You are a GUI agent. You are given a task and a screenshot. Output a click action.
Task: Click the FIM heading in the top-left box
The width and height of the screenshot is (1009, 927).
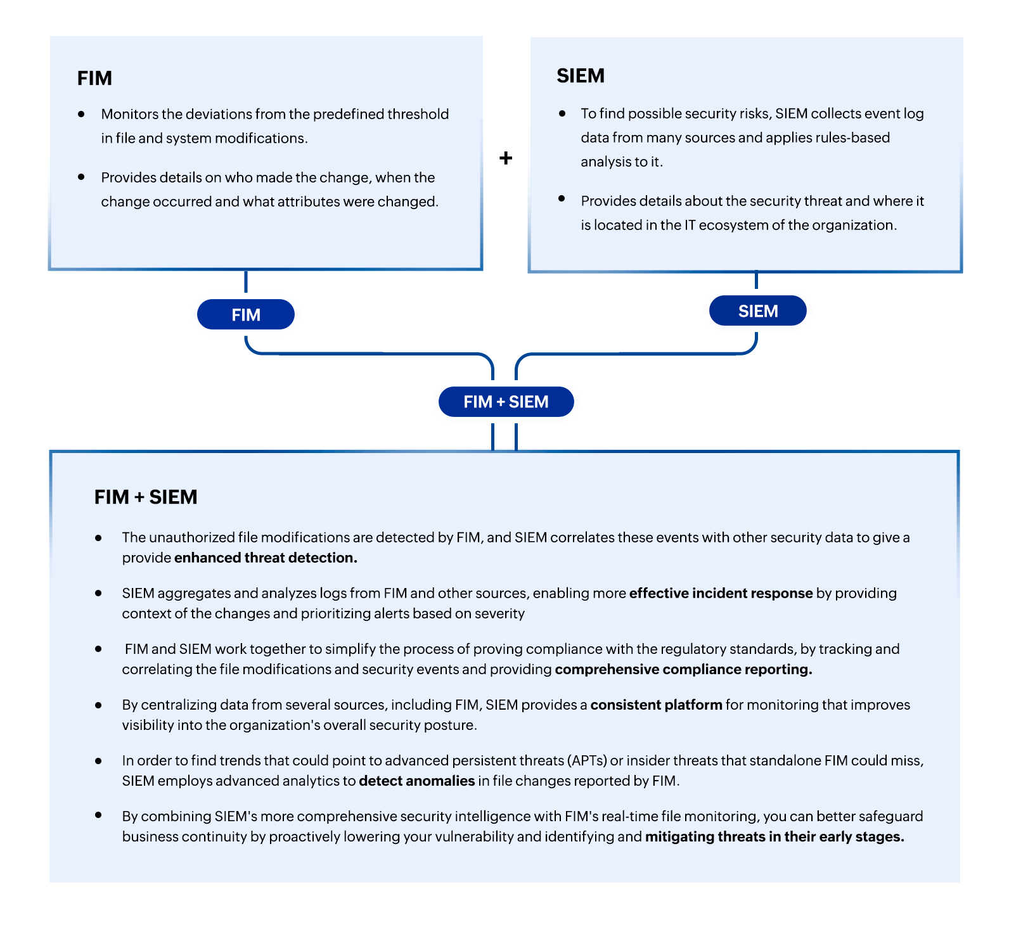click(94, 78)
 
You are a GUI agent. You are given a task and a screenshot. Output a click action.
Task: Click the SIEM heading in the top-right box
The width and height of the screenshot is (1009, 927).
click(581, 76)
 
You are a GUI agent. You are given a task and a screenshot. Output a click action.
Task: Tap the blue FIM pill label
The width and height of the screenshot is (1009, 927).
click(246, 315)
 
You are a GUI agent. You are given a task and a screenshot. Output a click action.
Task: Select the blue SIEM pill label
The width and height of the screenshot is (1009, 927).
click(758, 311)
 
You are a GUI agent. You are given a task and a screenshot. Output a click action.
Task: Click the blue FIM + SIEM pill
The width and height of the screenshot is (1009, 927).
click(506, 402)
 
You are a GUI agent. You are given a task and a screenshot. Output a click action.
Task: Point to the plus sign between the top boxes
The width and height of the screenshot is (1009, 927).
click(506, 158)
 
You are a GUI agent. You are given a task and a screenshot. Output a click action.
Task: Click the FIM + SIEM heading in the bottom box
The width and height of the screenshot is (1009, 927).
click(146, 497)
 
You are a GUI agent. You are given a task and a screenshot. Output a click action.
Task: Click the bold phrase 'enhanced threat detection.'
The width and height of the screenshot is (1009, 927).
click(266, 558)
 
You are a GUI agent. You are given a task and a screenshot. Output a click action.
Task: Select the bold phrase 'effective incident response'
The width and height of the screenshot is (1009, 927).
click(721, 593)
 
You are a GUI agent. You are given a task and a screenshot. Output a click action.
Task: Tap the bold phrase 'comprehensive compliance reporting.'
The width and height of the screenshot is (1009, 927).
click(683, 669)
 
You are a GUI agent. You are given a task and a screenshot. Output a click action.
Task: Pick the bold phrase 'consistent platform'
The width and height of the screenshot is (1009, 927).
click(656, 705)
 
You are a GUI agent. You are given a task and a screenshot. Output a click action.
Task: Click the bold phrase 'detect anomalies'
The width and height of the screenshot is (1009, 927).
click(416, 781)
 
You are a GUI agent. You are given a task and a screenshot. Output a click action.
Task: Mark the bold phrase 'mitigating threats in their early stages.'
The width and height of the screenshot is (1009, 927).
click(774, 836)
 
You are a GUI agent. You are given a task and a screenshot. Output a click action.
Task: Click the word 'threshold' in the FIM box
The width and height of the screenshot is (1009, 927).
click(418, 114)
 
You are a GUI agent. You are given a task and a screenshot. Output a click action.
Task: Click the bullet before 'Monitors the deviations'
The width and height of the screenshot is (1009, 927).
click(81, 114)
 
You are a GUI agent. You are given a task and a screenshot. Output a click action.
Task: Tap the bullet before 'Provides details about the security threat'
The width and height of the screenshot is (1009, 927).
click(562, 199)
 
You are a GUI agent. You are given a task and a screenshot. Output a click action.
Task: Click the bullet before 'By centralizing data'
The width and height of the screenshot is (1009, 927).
click(98, 705)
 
